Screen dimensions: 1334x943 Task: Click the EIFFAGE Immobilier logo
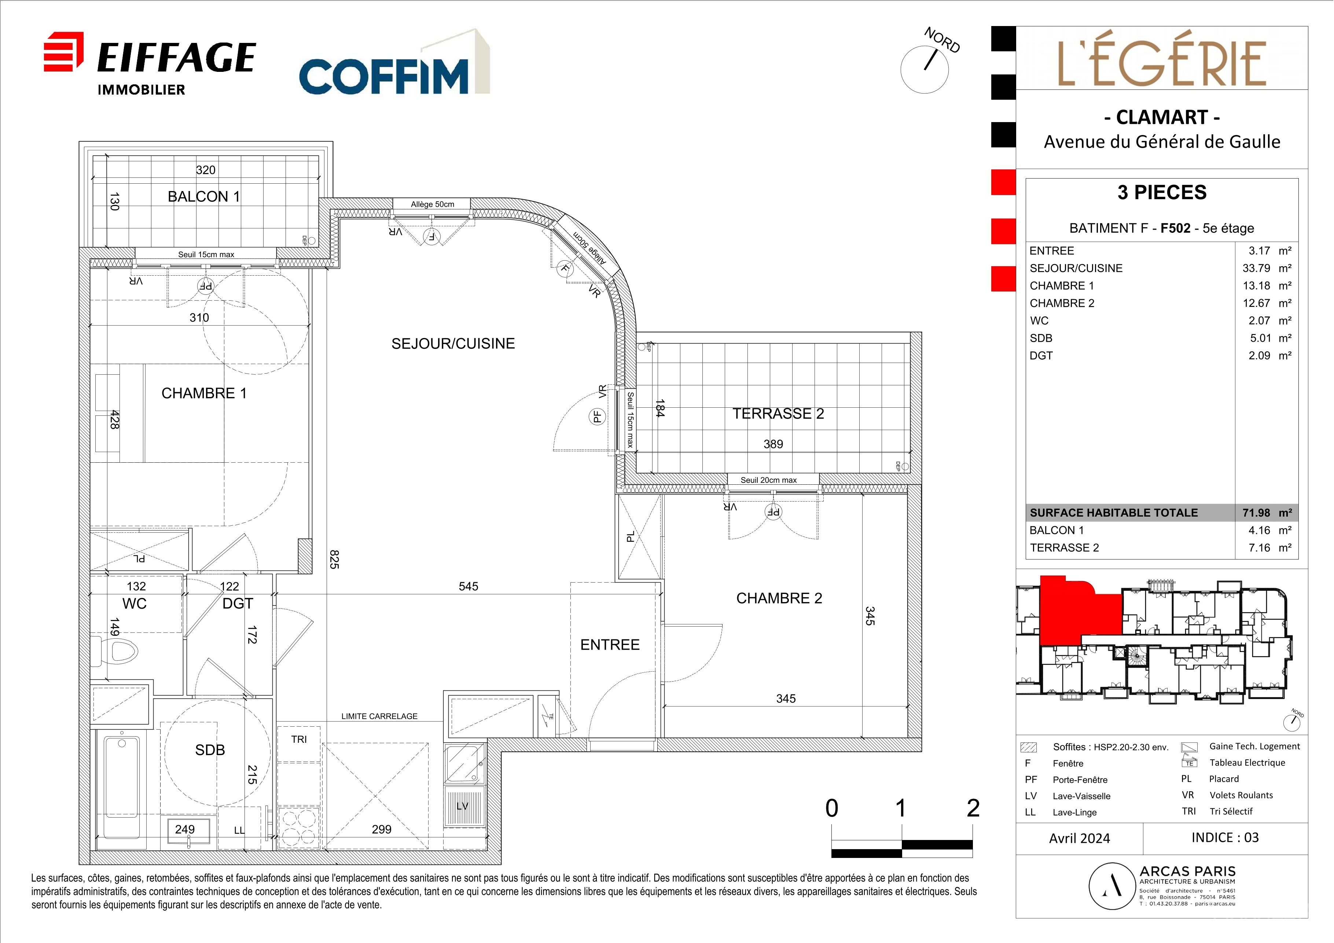[x=150, y=64]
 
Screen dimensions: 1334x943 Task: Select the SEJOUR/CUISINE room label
[x=453, y=344]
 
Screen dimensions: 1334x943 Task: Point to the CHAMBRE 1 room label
[x=204, y=393]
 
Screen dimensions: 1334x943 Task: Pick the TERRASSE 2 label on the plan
[x=778, y=414]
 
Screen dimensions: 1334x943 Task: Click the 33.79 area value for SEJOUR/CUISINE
[x=1256, y=268]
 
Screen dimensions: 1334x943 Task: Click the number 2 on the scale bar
[x=973, y=808]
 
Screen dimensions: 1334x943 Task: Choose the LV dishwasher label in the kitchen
[x=463, y=806]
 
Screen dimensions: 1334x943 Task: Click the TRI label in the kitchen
[x=299, y=739]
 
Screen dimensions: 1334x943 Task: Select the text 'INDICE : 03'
[x=1225, y=837]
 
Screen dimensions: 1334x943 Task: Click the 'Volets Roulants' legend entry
[x=1241, y=795]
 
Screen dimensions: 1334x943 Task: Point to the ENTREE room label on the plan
[x=610, y=644]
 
